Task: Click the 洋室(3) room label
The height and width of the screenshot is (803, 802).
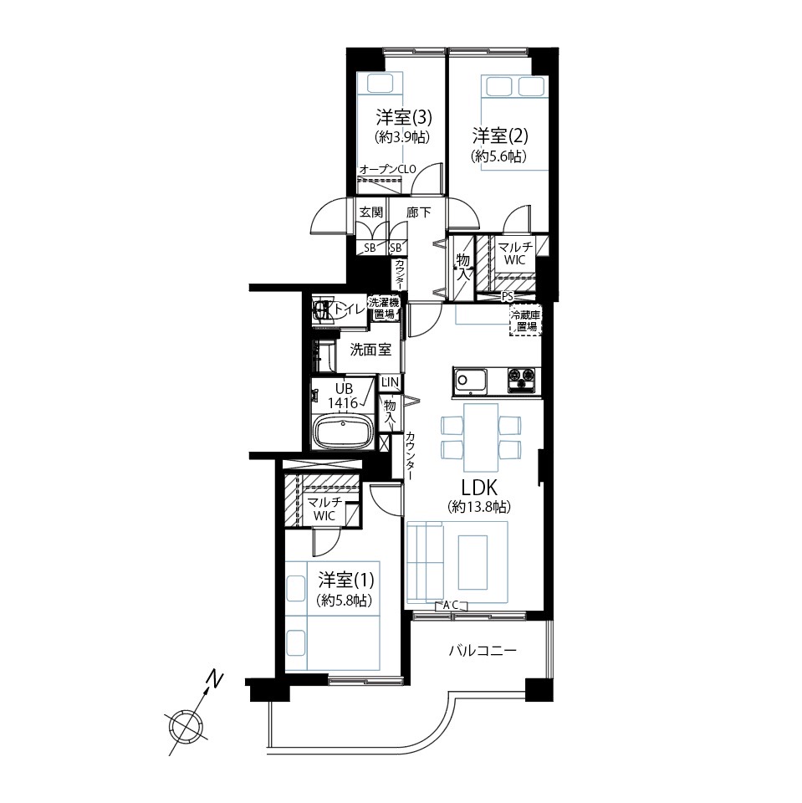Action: coord(404,118)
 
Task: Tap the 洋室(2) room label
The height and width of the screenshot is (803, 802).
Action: coord(500,136)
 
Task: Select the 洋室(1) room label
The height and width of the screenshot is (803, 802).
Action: coord(345,581)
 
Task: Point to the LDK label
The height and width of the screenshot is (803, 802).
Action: coord(479,487)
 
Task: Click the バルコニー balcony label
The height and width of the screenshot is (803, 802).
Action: coord(483,651)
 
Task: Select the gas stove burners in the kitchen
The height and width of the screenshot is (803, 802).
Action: coord(521,380)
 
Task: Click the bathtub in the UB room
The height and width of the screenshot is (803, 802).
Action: coord(344,432)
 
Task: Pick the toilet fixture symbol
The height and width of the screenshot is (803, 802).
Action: coord(324,309)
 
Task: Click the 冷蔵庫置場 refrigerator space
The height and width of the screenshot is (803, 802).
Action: coord(525,320)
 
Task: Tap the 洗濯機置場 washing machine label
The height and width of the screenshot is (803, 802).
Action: coord(384,308)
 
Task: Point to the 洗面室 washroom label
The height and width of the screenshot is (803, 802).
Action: coord(370,350)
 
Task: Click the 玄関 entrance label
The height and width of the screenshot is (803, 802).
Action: coord(370,212)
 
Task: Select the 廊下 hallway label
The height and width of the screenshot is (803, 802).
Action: coord(418,212)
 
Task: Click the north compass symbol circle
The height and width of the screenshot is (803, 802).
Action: coord(186,728)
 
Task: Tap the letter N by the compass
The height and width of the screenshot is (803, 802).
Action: coord(215,679)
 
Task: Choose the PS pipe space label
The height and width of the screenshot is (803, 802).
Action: coord(507,297)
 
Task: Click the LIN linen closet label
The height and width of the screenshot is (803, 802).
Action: coord(390,382)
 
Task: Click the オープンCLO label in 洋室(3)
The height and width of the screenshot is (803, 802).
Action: coord(388,170)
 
